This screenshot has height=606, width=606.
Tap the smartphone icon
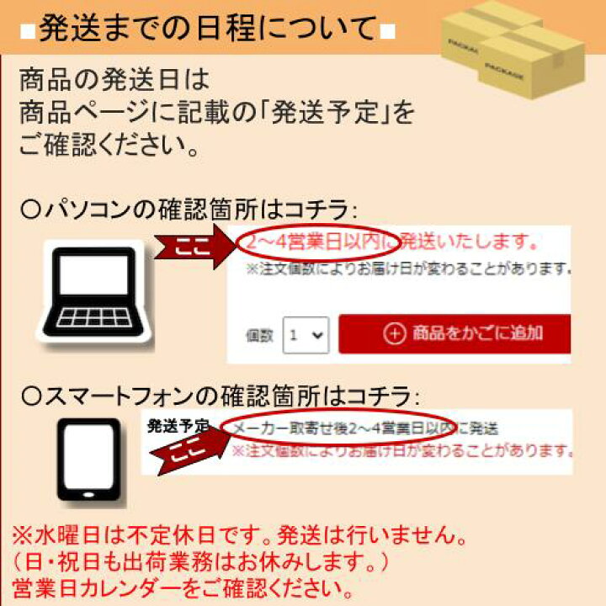coord(89,460)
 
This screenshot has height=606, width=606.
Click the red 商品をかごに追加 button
coord(454,333)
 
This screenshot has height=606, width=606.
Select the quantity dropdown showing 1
coord(306,335)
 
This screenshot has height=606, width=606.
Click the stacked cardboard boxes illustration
coord(513,48)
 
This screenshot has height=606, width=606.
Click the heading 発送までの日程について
coord(208,29)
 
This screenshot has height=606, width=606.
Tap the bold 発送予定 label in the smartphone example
coord(178,426)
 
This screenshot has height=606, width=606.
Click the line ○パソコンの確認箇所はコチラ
coord(189,210)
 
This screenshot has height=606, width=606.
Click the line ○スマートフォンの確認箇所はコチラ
coord(220,396)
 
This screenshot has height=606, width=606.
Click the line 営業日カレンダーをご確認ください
coord(183,588)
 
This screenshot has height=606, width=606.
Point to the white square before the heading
coord(28,32)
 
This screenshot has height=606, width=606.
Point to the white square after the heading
coord(388,32)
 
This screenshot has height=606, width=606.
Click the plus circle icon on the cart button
coord(395,333)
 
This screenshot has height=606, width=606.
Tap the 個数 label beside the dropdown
coord(259,336)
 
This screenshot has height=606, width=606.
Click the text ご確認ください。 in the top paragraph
coord(109,145)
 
